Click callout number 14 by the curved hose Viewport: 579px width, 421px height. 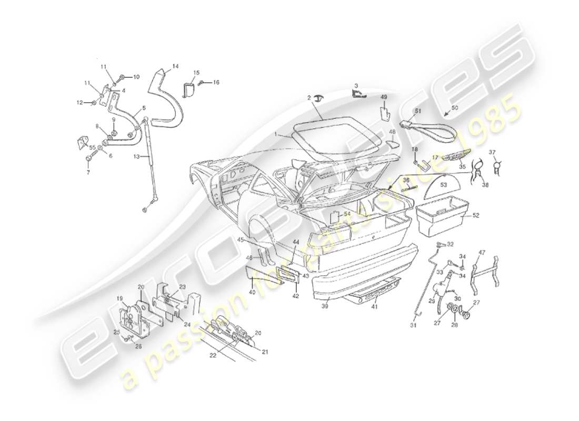175,66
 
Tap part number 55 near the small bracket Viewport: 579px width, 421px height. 92,147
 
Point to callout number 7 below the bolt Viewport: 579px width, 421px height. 88,172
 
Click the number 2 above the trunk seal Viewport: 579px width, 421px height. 310,98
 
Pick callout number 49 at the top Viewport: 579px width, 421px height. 384,97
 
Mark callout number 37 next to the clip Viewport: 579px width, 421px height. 492,153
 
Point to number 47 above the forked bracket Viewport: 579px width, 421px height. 481,253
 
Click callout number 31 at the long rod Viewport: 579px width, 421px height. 414,325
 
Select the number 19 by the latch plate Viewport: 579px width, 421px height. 119,298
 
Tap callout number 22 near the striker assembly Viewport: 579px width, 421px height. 213,355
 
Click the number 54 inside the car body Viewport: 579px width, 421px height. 347,214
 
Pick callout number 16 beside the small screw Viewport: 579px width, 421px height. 216,83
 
